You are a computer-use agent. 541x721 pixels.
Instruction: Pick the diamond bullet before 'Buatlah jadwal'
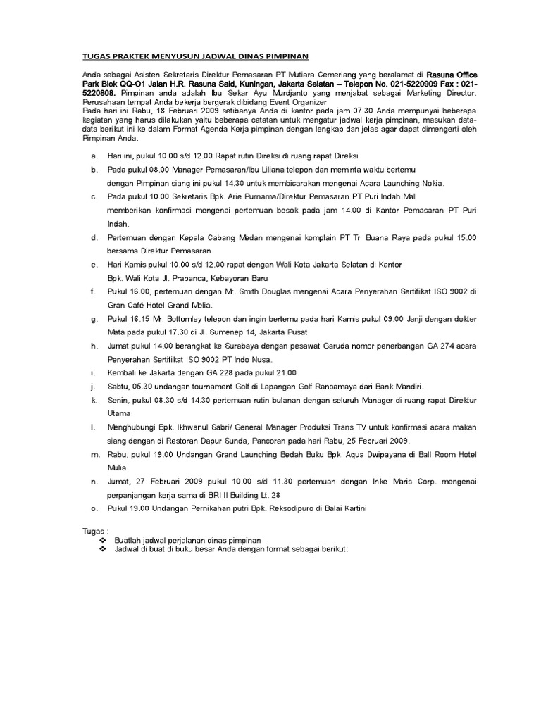tap(103, 539)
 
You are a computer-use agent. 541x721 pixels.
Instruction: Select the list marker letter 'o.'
tap(94, 508)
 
